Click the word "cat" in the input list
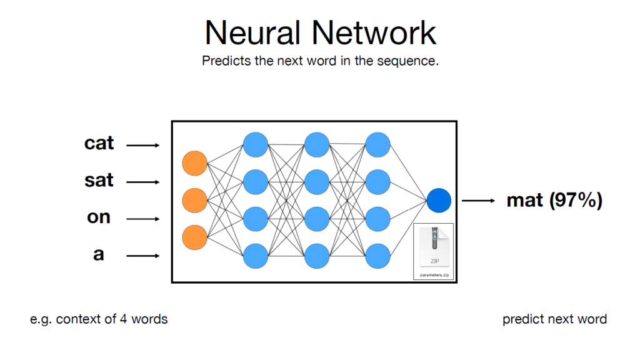tap(99, 143)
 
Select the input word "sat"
tap(99, 181)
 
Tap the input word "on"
tap(99, 217)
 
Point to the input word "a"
tap(99, 254)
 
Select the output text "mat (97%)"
tap(554, 201)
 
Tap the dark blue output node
tap(439, 201)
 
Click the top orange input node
tap(194, 164)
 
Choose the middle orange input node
tap(194, 201)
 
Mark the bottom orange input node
tap(194, 237)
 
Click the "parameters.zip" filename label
tap(434, 273)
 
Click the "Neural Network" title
tap(320, 32)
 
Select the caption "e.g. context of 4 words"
tap(99, 319)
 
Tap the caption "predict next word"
tap(554, 319)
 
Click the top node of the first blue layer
tap(256, 145)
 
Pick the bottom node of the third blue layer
tap(378, 255)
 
